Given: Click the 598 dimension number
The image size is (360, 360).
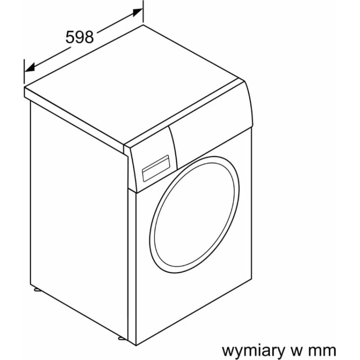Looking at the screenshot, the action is pos(80,37).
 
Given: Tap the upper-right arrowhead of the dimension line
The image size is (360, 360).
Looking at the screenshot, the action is pos(138,12).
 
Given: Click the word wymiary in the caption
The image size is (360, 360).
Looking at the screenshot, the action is pos(252,351).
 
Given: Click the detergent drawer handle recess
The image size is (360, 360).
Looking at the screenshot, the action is pos(156,168).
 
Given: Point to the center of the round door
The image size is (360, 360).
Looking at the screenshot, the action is pos(194,215).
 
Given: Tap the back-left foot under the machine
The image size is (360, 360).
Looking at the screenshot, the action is pos(37,290).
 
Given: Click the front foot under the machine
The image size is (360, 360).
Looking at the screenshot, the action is pos(121,338).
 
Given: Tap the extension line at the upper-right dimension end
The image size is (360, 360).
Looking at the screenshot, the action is pos(143,12).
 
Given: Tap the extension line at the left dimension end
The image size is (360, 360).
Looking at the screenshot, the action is pos(24,71).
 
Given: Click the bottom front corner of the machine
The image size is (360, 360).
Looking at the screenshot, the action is pos(136,345).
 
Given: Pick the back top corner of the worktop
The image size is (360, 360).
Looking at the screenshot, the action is pos(143,25).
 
